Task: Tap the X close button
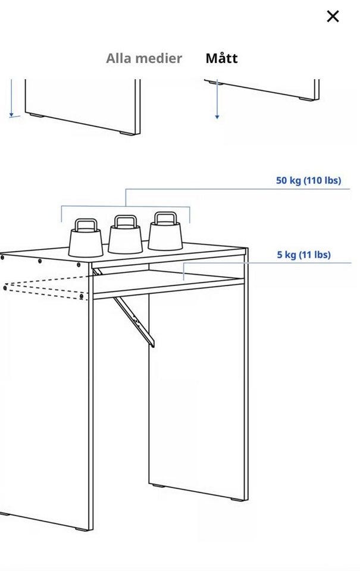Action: click(333, 17)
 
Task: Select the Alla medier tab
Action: click(144, 58)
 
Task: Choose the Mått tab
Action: click(221, 58)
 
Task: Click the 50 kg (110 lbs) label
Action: click(308, 180)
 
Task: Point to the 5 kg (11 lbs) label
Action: click(303, 255)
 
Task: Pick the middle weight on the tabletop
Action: click(125, 234)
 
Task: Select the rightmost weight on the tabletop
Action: click(165, 231)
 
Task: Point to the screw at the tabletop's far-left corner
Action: click(2, 258)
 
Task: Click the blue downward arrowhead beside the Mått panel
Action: click(217, 117)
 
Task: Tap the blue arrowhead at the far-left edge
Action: click(11, 115)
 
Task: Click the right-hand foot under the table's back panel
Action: click(237, 499)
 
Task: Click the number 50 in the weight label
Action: click(281, 180)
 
